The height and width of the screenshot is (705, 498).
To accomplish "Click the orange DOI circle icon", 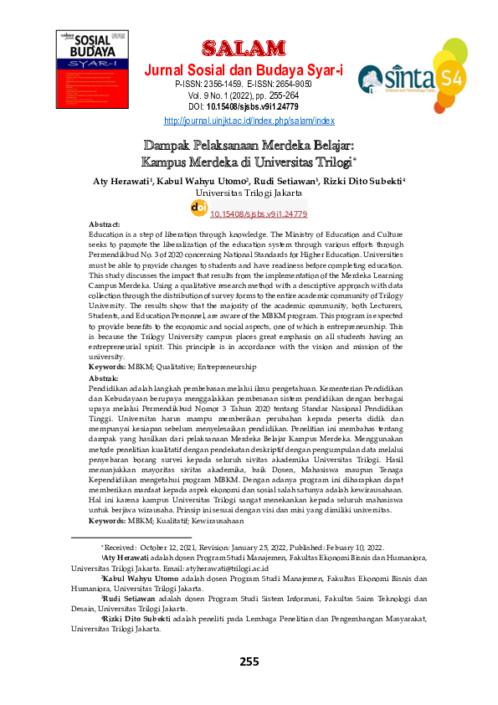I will [199, 207].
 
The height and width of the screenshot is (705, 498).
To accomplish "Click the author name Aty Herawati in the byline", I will [122, 180].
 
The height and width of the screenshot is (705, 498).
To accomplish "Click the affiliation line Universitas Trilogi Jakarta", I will [249, 192].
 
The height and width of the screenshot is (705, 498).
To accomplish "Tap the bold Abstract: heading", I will [105, 224].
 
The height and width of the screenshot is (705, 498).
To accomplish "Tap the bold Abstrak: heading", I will [104, 379].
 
